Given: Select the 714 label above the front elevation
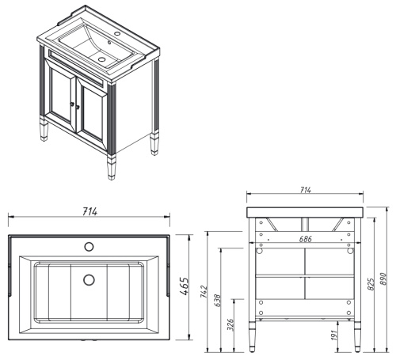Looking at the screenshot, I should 305,191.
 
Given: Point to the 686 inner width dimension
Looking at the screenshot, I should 304,238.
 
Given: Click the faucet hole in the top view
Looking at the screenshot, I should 89,246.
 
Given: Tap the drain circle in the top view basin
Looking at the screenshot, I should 89,279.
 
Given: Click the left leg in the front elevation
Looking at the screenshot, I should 253,335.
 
